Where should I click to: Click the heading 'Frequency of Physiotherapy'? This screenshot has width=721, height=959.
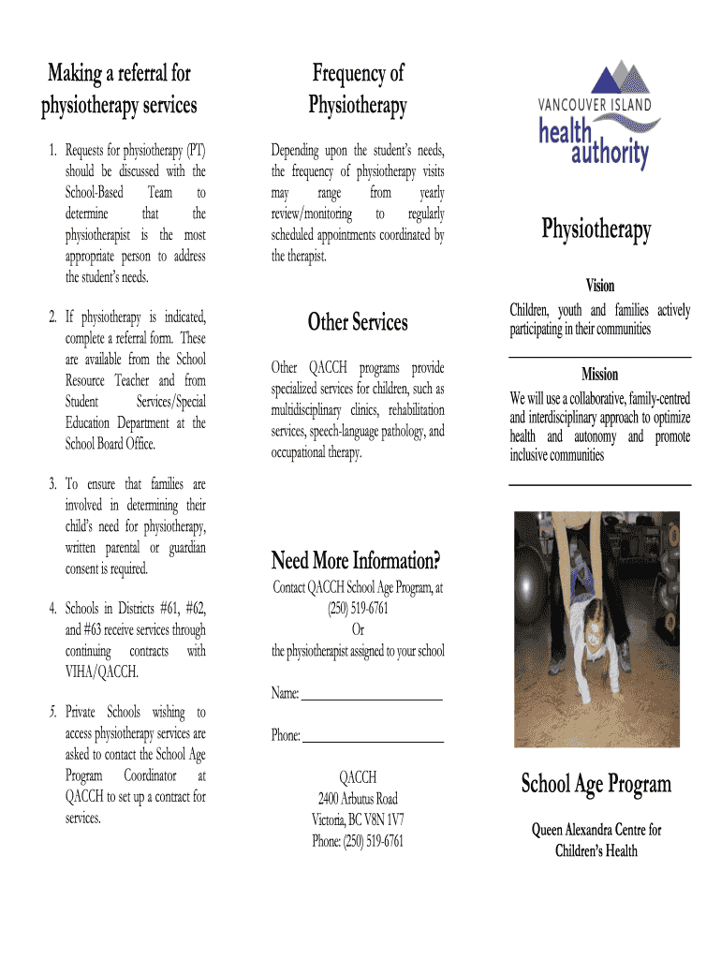coord(358,89)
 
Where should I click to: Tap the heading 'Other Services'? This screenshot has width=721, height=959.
coord(358,323)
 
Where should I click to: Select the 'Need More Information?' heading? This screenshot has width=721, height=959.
coord(356,562)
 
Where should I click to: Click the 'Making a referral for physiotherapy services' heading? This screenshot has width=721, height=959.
coord(119,89)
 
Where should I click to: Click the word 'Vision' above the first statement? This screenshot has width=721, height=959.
coord(600,286)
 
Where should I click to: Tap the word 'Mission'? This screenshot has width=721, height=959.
coord(599,375)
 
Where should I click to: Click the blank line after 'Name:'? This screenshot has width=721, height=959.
coord(371,698)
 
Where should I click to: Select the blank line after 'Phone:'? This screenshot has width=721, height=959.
coord(373,741)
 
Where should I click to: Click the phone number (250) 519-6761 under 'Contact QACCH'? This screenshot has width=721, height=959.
coord(358,609)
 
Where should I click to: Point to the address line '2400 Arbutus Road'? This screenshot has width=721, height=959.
coord(358,799)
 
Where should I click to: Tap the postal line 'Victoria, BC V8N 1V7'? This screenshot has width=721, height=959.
coord(358,819)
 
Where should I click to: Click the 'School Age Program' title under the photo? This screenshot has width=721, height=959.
coord(596,784)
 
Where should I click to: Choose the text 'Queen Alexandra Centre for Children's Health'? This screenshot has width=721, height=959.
coord(596,840)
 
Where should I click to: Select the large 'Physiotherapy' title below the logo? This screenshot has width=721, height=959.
coord(596,229)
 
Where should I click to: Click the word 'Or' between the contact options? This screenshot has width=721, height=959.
coord(358,630)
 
